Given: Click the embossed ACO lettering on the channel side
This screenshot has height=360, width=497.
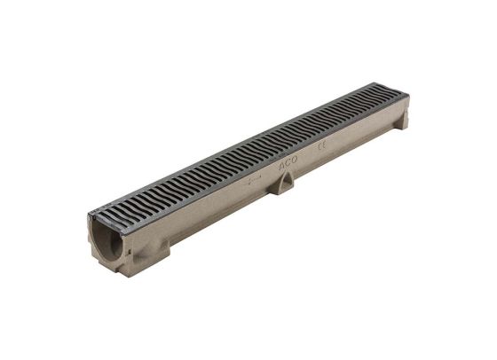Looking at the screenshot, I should pos(288,164).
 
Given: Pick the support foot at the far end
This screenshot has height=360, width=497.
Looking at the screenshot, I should pos(401,120).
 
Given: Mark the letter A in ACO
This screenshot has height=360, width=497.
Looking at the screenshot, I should pos(282,167).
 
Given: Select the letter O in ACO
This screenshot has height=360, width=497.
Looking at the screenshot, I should pos(295,161).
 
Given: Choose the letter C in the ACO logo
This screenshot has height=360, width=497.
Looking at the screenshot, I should pos(288,164).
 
